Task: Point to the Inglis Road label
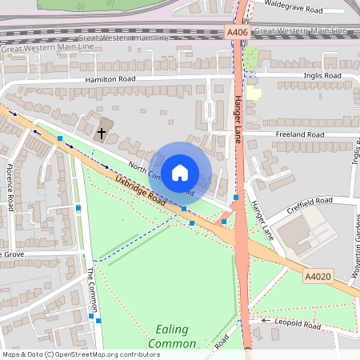point(322,75)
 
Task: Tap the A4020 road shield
point(318,276)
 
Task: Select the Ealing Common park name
point(171,337)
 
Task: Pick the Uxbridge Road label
point(139,191)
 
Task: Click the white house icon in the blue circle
point(180,172)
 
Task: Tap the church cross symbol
point(102,132)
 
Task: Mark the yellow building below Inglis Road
point(254,93)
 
